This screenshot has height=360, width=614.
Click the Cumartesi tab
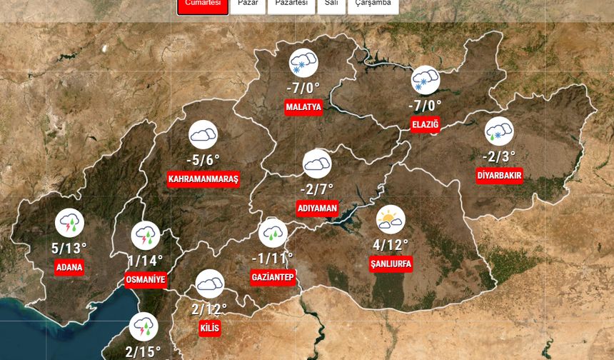tap(203, 4)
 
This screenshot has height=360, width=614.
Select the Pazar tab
tap(247, 4)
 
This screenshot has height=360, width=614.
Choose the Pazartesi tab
tap(291, 4)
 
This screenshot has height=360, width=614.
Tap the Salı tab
tap(331, 4)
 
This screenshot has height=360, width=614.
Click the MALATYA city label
tap(303, 108)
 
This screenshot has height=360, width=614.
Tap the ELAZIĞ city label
tap(426, 124)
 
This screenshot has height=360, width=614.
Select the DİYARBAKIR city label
tap(500, 175)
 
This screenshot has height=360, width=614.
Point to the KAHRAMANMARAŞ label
tap(203, 179)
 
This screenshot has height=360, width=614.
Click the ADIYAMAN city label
tap(317, 208)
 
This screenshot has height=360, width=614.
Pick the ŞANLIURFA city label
tap(391, 264)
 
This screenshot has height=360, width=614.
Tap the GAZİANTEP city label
tap(273, 276)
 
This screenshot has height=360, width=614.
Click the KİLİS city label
tap(210, 328)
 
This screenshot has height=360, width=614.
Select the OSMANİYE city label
tap(145, 279)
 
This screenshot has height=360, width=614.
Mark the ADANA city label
tap(69, 268)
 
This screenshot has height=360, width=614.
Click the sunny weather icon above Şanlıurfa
tap(390, 220)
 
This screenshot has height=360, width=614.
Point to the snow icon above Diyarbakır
tap(499, 131)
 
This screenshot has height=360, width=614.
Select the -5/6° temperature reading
tap(203, 160)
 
